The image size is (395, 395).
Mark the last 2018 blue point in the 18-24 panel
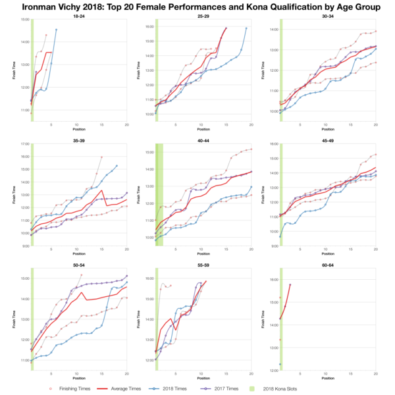56,30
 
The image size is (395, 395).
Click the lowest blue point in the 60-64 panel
280,364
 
